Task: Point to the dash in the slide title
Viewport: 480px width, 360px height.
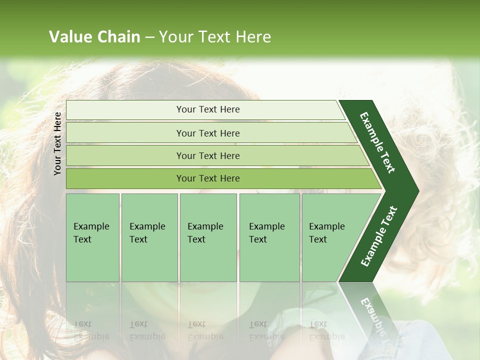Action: [149, 37]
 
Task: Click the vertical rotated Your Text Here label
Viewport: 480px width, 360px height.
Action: [58, 143]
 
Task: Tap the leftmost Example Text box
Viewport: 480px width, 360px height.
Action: [92, 237]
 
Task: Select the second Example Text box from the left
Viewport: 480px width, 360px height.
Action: [149, 237]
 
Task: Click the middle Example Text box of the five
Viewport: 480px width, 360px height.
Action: [208, 237]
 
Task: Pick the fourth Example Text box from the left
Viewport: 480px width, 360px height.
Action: [269, 237]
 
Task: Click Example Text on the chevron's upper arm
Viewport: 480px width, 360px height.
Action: [377, 142]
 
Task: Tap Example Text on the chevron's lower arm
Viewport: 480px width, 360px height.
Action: [379, 236]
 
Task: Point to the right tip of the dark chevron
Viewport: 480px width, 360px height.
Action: [417, 191]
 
